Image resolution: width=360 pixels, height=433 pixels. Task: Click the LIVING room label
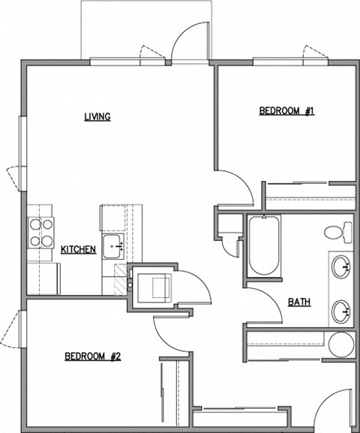click(x=97, y=116)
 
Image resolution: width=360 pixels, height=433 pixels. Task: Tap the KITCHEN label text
click(x=78, y=249)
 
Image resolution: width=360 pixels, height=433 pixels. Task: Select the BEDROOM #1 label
click(x=286, y=111)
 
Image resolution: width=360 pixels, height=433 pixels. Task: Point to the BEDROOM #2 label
click(x=92, y=356)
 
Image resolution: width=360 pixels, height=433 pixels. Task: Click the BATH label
click(x=300, y=303)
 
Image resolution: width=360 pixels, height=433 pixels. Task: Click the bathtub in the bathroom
click(x=263, y=246)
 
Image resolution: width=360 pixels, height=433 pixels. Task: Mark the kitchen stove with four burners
click(x=40, y=232)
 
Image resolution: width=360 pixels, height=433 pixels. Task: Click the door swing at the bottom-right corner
click(x=334, y=409)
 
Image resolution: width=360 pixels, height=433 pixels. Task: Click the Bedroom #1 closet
click(x=309, y=194)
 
